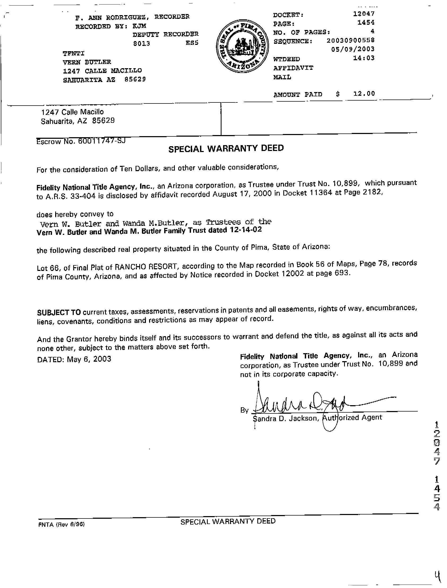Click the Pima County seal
(x=242, y=48)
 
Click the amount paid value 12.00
(x=364, y=93)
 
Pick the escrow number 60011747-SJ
(x=101, y=140)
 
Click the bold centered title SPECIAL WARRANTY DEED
(x=226, y=148)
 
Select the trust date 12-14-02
(x=245, y=230)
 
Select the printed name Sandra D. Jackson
(x=285, y=418)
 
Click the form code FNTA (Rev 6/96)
(x=62, y=524)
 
